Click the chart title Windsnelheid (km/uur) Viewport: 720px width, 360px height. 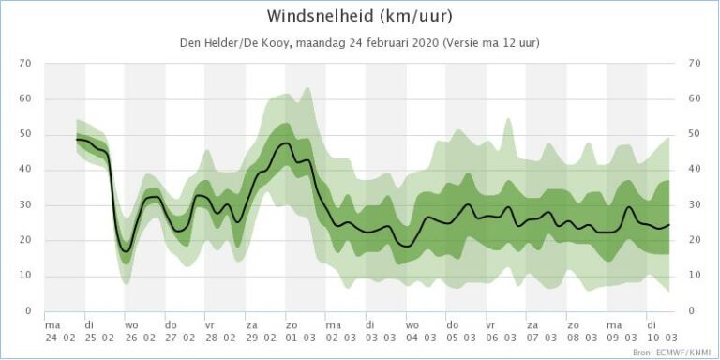pyautogui.click(x=360, y=16)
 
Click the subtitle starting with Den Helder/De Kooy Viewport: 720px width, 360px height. pyautogui.click(x=359, y=43)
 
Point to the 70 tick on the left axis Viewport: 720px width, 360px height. pyautogui.click(x=25, y=63)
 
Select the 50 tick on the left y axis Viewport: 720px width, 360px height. pyautogui.click(x=25, y=134)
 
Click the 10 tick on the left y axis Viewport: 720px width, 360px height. pyautogui.click(x=25, y=276)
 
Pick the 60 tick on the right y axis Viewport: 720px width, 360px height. pyautogui.click(x=695, y=98)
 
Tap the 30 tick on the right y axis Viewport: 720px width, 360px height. pyautogui.click(x=695, y=205)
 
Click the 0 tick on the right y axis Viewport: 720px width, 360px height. pyautogui.click(x=692, y=311)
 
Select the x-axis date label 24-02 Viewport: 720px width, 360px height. pyautogui.click(x=59, y=337)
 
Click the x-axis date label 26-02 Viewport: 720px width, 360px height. pyautogui.click(x=140, y=337)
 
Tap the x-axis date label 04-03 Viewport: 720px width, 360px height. pyautogui.click(x=421, y=337)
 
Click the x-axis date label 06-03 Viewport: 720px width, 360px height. pyautogui.click(x=501, y=337)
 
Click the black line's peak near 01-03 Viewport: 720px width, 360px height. pyautogui.click(x=286, y=142)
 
